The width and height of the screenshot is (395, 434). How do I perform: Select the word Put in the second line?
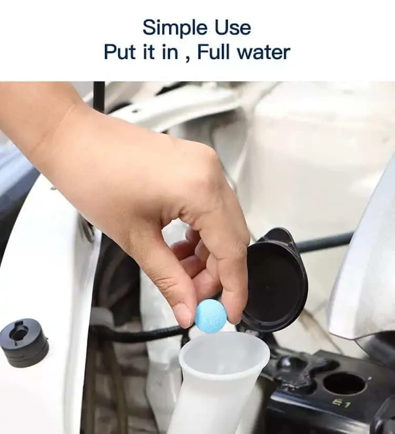point(120,52)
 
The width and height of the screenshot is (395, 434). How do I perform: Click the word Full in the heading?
point(213,52)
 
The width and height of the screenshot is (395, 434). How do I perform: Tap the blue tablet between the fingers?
point(211,315)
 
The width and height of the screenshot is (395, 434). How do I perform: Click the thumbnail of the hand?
point(183,315)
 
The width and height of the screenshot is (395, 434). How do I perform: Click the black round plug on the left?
point(24,342)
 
